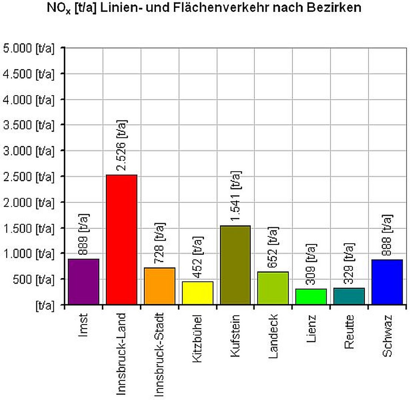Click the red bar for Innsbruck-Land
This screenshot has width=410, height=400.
tap(121, 239)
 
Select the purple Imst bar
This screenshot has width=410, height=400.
tap(83, 281)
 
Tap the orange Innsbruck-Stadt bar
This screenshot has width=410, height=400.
tap(160, 286)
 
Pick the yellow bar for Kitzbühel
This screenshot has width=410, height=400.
tap(197, 293)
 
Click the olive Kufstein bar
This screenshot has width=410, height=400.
tap(236, 265)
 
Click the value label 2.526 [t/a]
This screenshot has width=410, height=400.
tap(121, 146)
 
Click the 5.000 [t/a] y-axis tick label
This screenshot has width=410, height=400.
tap(29, 48)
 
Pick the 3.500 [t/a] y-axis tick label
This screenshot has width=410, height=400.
tap(29, 125)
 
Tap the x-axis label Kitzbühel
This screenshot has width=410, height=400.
tap(197, 339)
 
